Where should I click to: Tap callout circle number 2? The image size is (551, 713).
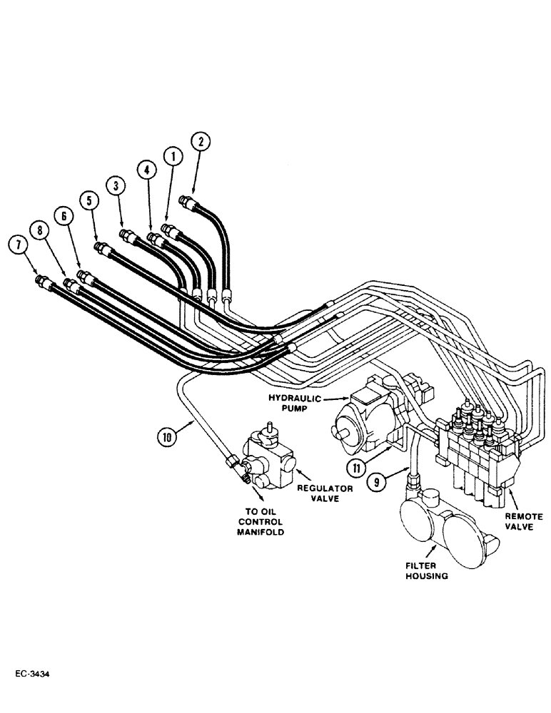pos(201,142)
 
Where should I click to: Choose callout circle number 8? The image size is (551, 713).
pos(40,230)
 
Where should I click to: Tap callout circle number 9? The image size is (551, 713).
pos(378,481)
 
